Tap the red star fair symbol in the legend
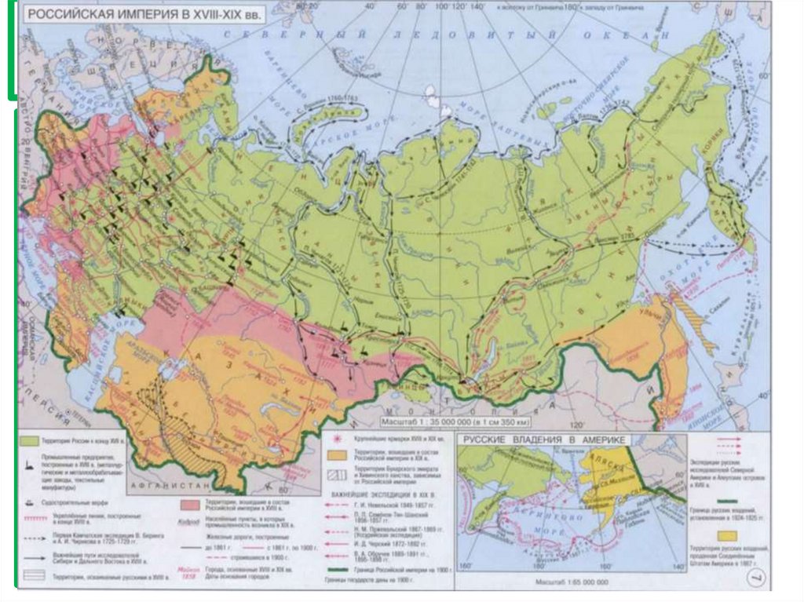tap(336, 440)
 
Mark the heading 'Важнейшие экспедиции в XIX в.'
tap(383, 495)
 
